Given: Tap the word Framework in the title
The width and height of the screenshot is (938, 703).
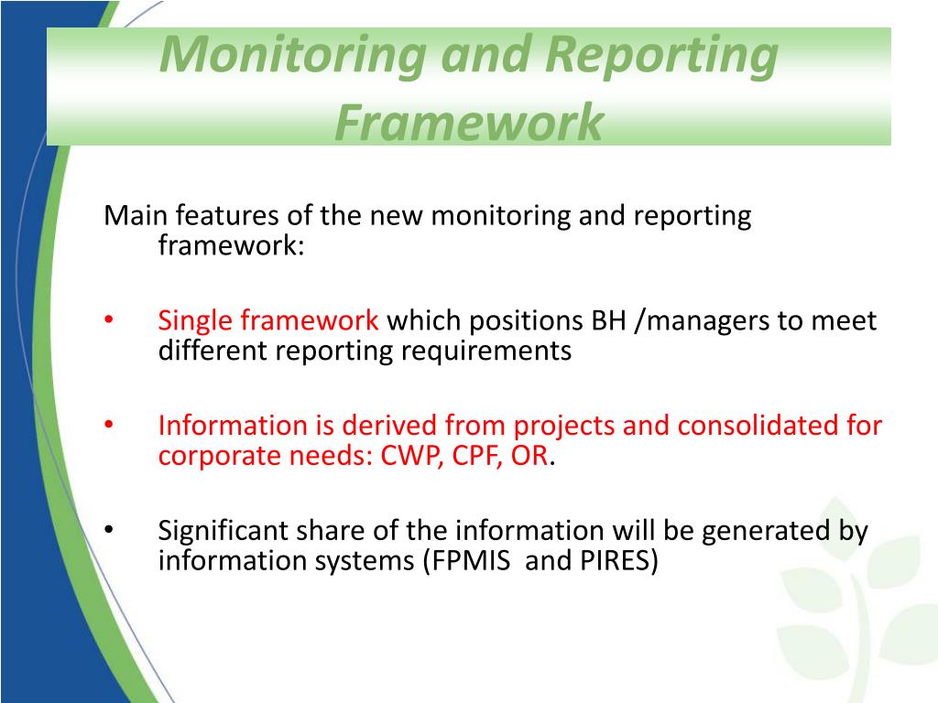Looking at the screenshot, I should (469, 122).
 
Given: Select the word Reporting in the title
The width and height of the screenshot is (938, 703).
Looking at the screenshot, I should (660, 55).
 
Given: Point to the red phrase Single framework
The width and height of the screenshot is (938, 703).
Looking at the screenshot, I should (268, 321).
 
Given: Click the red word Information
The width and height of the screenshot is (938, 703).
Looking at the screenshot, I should (234, 426).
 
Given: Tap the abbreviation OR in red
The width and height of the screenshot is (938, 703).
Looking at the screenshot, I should (529, 456).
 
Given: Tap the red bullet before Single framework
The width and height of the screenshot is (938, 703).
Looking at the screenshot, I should (108, 320).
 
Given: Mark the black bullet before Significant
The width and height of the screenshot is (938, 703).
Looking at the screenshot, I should (108, 530).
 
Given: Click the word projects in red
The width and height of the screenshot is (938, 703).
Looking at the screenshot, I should (563, 426).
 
